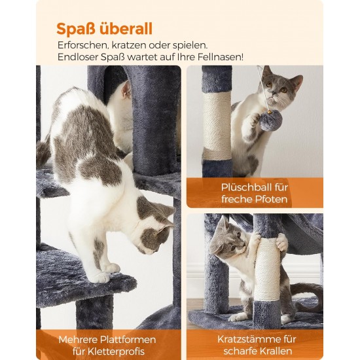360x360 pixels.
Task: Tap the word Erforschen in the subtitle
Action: click(83, 45)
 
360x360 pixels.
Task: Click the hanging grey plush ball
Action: click(271, 120)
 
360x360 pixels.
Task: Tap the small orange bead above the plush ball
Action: click(269, 112)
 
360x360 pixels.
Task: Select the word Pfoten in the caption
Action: click(271, 199)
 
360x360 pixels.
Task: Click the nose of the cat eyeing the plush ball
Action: click(274, 94)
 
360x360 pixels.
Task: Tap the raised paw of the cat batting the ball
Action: click(253, 120)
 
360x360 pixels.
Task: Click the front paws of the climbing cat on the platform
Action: click(105, 273)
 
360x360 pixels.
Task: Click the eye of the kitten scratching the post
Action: click(233, 248)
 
